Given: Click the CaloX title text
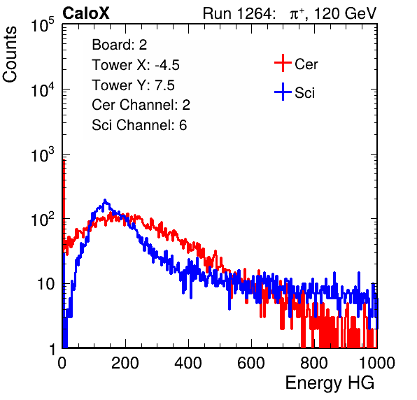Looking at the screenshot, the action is click(x=85, y=13).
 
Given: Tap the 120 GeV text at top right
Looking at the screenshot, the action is click(x=346, y=13).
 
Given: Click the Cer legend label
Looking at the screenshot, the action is click(x=306, y=64).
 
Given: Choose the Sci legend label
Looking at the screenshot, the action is click(x=304, y=93).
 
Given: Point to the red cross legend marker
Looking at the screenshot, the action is click(x=283, y=63).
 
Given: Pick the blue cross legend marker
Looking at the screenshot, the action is click(x=283, y=92).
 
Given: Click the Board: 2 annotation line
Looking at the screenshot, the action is click(x=120, y=45).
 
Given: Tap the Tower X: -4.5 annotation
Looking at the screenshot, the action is click(x=136, y=65).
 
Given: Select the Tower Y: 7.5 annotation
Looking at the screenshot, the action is click(x=133, y=85).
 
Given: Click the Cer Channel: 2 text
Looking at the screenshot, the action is click(x=141, y=105).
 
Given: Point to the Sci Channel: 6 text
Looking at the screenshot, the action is click(x=139, y=125).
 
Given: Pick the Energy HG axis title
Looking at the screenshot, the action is click(x=330, y=383).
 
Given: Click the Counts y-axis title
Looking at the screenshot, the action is click(x=10, y=55).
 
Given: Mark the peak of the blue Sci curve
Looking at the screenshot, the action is click(x=105, y=199).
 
